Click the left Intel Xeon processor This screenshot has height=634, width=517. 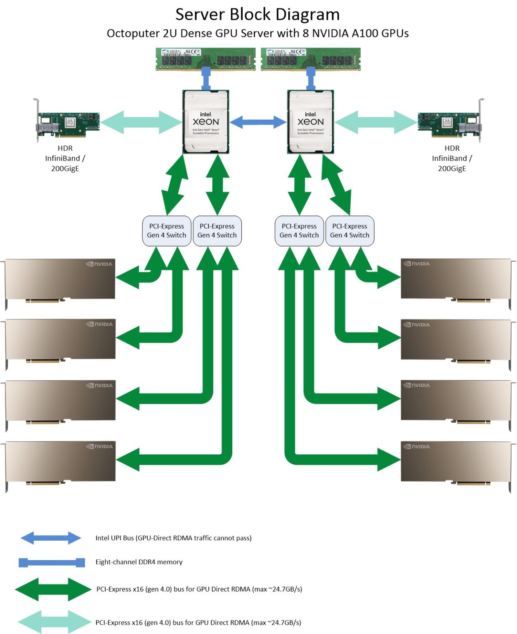[x=205, y=122]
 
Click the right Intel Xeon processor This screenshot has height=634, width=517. [x=310, y=122]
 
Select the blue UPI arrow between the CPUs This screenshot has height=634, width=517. [x=258, y=122]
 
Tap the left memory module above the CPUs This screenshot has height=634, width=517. [x=205, y=59]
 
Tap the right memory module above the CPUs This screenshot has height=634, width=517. [x=311, y=59]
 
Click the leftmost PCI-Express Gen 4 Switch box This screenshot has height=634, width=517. [x=167, y=231]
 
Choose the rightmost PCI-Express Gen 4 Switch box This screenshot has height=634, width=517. [x=349, y=231]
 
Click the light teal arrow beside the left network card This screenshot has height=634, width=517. [x=141, y=122]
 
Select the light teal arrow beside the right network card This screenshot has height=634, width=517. [x=375, y=122]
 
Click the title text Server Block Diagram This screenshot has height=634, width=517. [x=257, y=14]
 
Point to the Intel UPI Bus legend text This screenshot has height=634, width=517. [x=173, y=538]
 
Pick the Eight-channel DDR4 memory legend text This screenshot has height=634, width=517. [x=139, y=562]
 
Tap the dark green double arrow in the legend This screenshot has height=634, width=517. [x=53, y=589]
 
